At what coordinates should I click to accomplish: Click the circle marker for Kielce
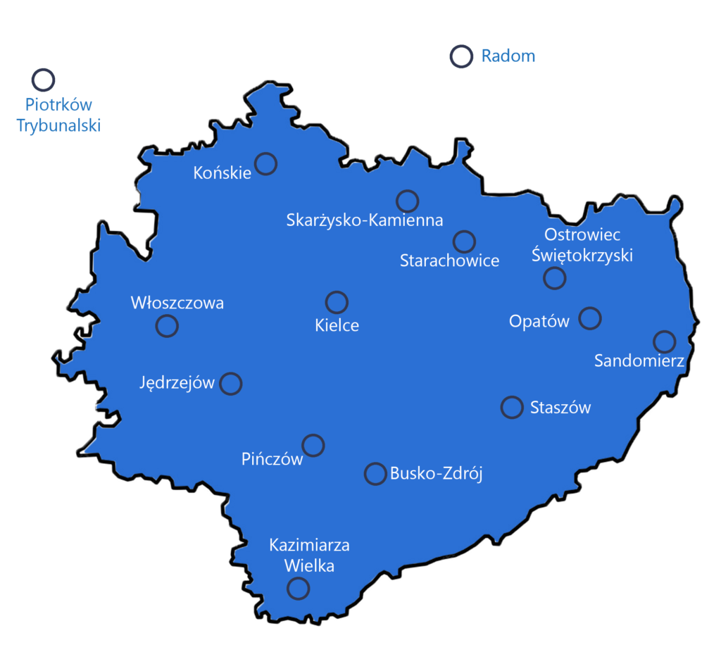[337, 302]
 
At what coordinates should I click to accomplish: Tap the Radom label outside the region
[508, 56]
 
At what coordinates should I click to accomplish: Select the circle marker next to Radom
[461, 56]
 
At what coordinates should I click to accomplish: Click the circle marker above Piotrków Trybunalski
[44, 80]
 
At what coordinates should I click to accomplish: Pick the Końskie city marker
[265, 163]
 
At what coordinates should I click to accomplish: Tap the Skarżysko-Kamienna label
[365, 220]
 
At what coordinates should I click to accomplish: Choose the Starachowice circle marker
[464, 242]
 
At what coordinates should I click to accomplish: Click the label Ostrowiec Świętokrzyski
[582, 244]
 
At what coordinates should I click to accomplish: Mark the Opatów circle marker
[590, 318]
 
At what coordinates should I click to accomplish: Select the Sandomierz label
[639, 361]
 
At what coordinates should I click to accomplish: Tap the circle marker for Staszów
[512, 407]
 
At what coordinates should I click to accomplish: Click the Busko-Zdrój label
[436, 474]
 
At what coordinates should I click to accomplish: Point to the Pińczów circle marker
[313, 445]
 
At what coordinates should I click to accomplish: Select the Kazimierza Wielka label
[309, 555]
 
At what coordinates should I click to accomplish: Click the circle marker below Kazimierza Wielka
[299, 588]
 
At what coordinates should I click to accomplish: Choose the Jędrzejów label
[177, 383]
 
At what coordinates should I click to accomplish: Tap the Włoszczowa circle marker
[167, 326]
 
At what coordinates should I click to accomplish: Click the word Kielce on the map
[337, 325]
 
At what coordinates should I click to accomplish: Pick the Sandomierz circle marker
[664, 341]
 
